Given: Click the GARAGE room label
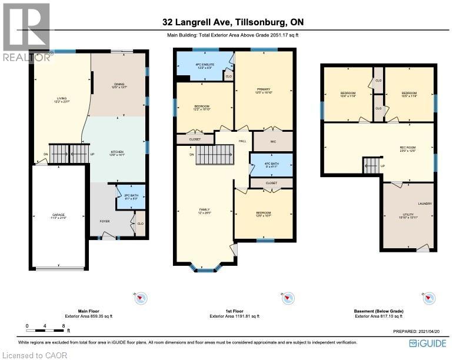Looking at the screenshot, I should tap(58, 215).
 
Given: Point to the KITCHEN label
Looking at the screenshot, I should tap(116, 152).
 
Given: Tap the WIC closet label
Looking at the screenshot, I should tap(272, 141).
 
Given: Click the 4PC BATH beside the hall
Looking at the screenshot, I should tap(271, 165).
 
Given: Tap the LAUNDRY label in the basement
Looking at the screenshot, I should tap(425, 204).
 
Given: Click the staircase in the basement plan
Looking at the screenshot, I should tap(370, 166).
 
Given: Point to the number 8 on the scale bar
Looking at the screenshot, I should tap(63, 325).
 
